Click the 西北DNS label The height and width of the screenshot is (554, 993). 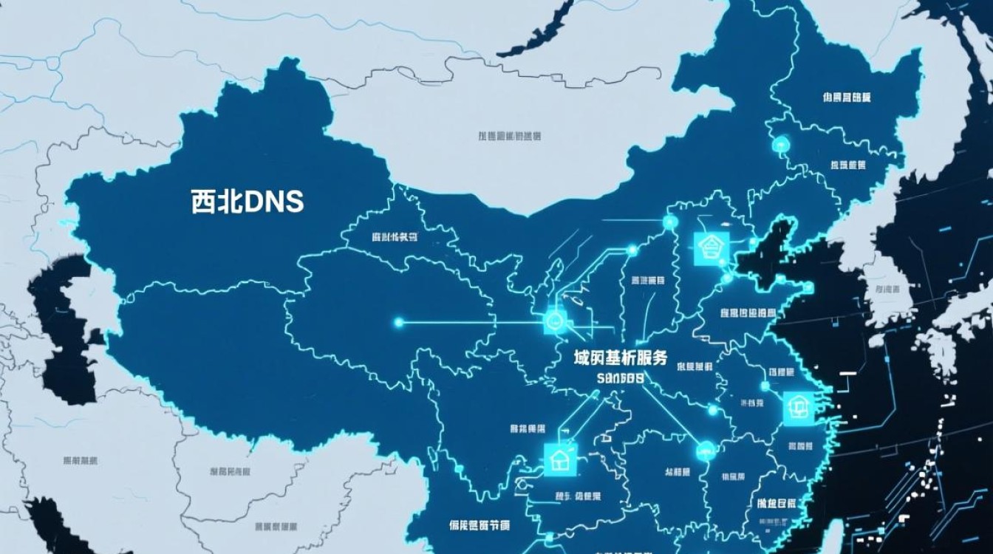point(248,201)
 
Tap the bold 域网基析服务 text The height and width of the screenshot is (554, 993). point(621,359)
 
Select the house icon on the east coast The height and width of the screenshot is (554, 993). point(798,407)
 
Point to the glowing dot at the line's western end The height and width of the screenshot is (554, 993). point(399,322)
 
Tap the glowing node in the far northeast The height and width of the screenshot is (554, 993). point(780,146)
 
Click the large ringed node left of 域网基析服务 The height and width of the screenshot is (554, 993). point(554,321)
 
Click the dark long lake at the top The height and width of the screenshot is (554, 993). point(536,30)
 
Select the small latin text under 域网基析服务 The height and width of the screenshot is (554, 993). point(620,378)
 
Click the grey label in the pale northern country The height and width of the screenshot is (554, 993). point(509,136)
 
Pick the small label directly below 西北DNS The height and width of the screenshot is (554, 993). point(395,237)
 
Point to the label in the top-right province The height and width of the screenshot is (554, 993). point(846,97)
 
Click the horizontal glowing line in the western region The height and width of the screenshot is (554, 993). point(473,322)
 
